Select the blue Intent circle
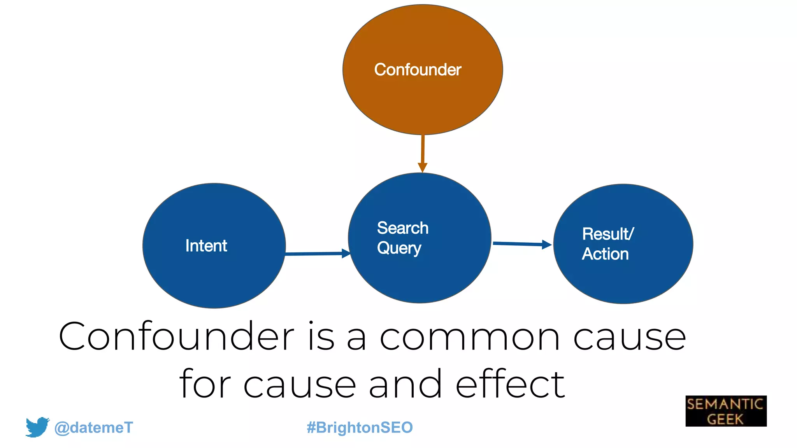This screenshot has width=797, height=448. (x=214, y=272)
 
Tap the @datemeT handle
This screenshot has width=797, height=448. (x=93, y=427)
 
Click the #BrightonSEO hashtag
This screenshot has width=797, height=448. (x=360, y=427)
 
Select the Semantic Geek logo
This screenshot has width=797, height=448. (x=726, y=411)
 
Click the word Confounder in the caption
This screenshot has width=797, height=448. (x=176, y=336)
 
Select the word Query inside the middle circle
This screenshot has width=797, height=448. (x=399, y=248)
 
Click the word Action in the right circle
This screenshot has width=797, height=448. (x=605, y=254)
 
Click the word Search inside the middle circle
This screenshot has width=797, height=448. (x=402, y=228)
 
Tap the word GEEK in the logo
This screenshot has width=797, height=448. (x=725, y=419)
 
